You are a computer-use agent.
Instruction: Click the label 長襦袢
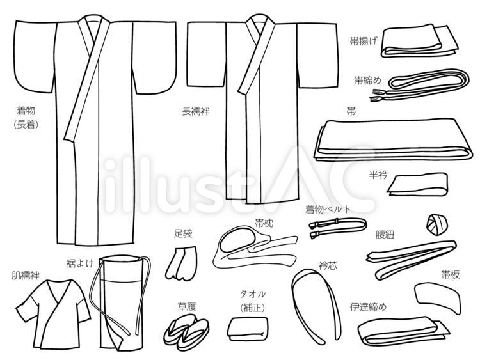(x=196, y=111)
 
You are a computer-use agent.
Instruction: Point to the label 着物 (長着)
(x=26, y=117)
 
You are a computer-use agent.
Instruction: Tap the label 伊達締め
(x=369, y=306)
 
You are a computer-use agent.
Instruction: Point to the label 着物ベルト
(x=328, y=208)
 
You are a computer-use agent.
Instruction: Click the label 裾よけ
(x=80, y=262)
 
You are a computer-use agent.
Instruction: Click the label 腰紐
(x=385, y=234)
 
